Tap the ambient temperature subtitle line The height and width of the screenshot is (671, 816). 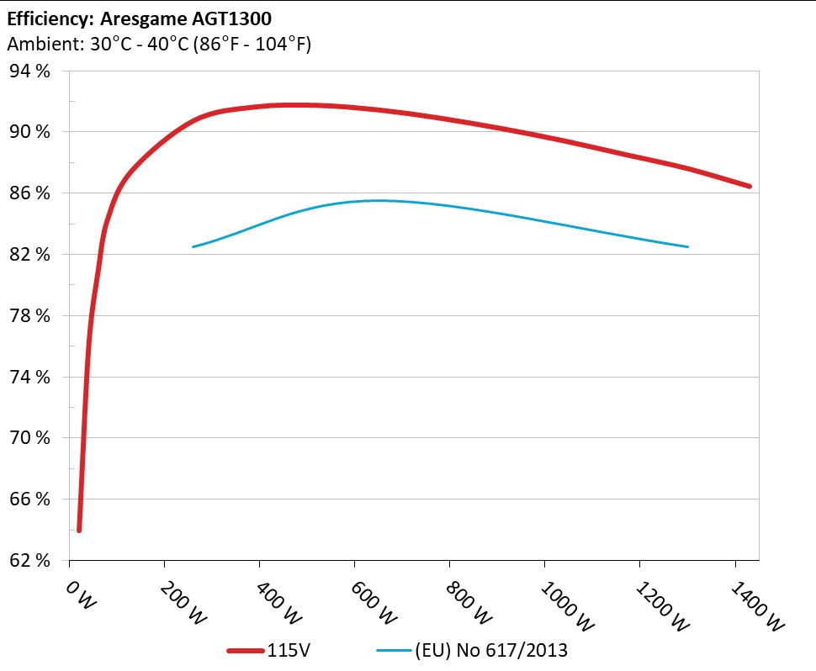click(159, 45)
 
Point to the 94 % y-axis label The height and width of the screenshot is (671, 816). click(30, 71)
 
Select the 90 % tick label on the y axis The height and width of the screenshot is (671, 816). click(30, 132)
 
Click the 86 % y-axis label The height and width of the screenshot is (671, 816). click(30, 193)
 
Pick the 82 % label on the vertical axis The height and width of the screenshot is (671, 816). click(30, 255)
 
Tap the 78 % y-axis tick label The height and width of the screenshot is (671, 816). click(30, 316)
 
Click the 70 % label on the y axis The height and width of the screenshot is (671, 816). click(30, 438)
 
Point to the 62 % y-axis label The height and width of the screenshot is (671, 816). click(30, 560)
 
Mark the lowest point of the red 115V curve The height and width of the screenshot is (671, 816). click(79, 530)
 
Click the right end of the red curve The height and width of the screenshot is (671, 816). click(749, 186)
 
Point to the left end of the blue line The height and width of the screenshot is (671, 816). click(193, 246)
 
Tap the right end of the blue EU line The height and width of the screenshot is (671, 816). click(687, 246)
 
